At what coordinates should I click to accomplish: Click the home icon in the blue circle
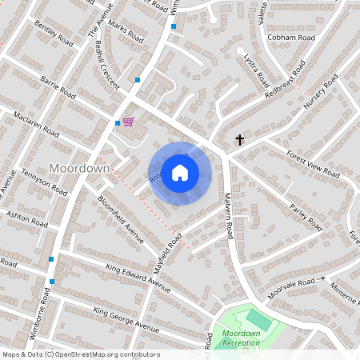click(x=180, y=173)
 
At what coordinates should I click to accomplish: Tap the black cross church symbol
click(x=239, y=140)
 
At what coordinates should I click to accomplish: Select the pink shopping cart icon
click(x=128, y=122)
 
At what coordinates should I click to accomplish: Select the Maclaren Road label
click(x=36, y=124)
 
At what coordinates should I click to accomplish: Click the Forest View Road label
click(x=313, y=164)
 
